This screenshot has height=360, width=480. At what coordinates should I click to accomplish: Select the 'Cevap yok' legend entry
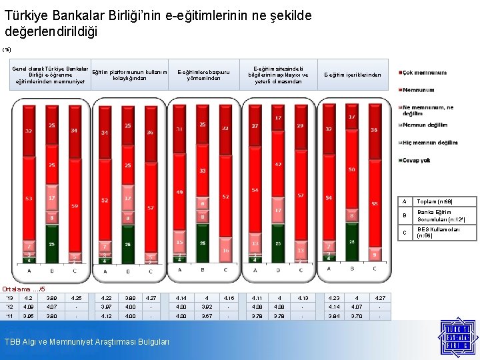coord(417,161)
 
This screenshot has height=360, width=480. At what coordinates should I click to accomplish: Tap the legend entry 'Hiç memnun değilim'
coord(431,143)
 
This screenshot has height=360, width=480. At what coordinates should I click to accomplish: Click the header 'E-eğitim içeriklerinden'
coord(353,75)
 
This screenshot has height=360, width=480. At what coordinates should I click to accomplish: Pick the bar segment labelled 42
coord(278,164)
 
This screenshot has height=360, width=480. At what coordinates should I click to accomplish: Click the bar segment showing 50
coord(351,170)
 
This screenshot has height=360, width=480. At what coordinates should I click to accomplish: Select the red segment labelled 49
coord(179,193)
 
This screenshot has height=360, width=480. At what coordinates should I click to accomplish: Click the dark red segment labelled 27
coord(255,125)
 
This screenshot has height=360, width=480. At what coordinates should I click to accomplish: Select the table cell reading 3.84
coord(329,316)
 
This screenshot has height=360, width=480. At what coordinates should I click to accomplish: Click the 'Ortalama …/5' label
coord(25,289)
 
